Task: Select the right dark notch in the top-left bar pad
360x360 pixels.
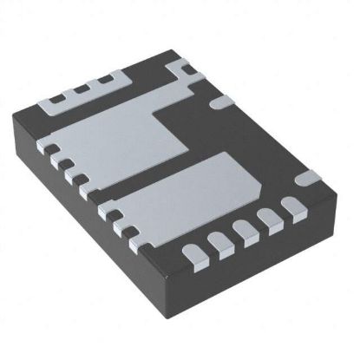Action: coord(108,84)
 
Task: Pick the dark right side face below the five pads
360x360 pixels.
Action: coord(269,260)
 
